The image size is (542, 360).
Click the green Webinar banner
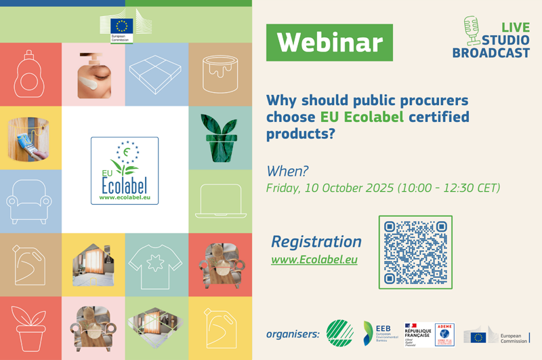(329, 43)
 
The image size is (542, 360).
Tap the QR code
(415, 252)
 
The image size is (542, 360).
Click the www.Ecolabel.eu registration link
(314, 260)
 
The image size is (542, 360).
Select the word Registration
(316, 241)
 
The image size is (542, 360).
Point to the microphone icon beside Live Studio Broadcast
(472, 30)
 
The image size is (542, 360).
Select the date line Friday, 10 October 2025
(383, 188)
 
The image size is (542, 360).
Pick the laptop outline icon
(220, 201)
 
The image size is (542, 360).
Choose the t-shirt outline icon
(157, 265)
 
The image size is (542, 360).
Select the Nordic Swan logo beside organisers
(340, 333)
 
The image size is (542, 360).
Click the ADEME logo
(445, 334)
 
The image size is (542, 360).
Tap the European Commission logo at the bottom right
(496, 336)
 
